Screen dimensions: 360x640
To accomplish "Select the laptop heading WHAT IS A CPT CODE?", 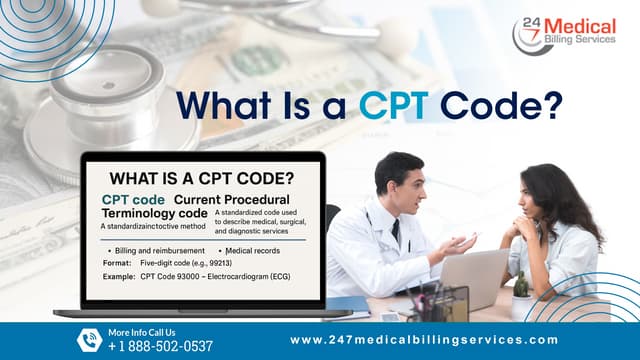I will (x=201, y=179).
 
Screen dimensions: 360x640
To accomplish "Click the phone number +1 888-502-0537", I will (x=160, y=346).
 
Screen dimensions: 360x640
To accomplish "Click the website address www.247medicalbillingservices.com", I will (x=423, y=340).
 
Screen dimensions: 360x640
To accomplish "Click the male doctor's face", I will (x=399, y=181).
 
